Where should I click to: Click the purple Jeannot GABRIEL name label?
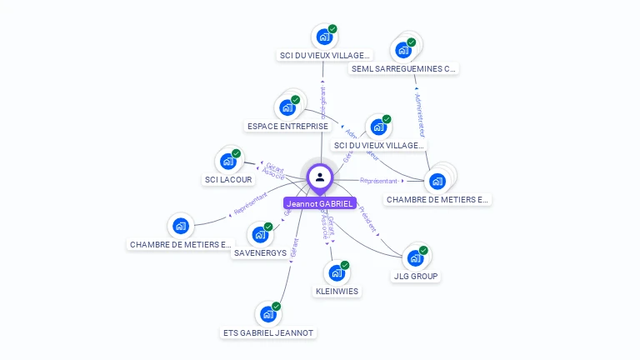(x=320, y=202)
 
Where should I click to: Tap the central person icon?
(x=320, y=177)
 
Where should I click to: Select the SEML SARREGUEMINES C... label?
(x=404, y=69)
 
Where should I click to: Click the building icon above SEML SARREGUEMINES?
(x=404, y=49)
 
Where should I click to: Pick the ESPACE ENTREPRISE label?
(x=287, y=127)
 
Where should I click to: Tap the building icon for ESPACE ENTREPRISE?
(x=287, y=107)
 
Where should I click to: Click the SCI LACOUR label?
(x=228, y=180)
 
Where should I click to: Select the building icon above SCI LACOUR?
(x=228, y=161)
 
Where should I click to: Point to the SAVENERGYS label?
(x=260, y=252)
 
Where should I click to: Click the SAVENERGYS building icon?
(x=260, y=234)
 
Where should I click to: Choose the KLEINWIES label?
(x=337, y=292)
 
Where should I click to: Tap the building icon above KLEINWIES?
(x=337, y=272)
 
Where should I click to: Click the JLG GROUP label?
(x=415, y=277)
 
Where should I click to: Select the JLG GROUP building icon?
(x=415, y=257)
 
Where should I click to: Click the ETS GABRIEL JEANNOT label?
(x=268, y=333)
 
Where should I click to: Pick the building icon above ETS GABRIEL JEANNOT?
(x=268, y=314)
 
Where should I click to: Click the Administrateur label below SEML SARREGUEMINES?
(x=421, y=115)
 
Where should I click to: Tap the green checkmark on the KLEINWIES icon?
(x=345, y=265)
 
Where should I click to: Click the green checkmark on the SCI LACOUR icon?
(x=237, y=153)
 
